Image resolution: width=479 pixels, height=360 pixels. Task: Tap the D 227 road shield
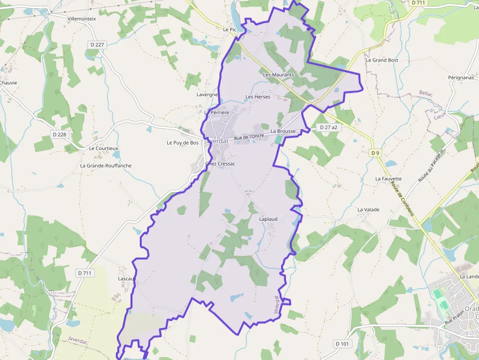pos(97,44)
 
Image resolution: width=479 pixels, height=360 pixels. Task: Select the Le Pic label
pos(229,29)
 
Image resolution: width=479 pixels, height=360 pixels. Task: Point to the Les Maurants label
pos(279,75)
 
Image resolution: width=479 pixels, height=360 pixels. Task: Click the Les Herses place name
pos(258,97)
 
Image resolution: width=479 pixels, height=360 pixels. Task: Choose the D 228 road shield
pos(59,134)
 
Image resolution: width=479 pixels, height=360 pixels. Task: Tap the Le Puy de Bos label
pos(183,143)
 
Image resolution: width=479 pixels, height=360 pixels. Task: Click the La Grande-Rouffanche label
pos(106,166)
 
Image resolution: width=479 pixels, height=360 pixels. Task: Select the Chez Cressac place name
pos(220,164)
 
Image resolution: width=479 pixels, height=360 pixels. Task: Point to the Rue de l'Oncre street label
pos(249,138)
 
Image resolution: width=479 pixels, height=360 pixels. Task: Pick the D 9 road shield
pos(375,153)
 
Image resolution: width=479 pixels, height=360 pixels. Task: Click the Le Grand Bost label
pos(382,60)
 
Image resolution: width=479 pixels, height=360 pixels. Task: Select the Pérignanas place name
pos(461,77)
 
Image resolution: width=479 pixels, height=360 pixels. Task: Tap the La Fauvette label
pos(388,179)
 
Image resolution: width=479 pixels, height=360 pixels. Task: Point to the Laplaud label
pos(268,219)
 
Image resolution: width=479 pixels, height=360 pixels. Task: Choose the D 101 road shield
pos(343,344)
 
